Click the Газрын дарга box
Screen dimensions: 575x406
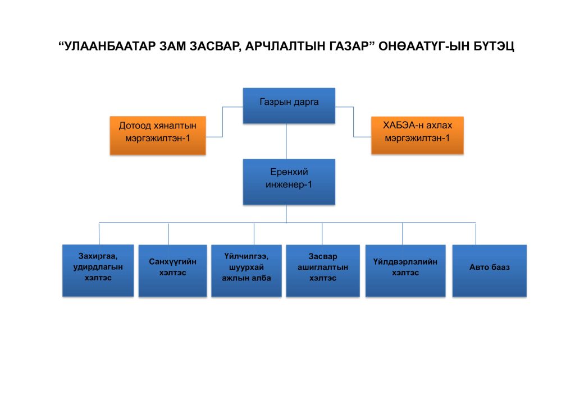point(289,105)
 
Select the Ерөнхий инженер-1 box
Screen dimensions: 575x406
point(289,182)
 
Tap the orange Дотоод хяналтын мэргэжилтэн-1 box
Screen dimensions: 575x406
point(158,136)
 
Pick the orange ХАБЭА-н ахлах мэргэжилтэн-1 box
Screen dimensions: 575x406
point(417,135)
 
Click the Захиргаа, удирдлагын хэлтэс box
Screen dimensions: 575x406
point(98,270)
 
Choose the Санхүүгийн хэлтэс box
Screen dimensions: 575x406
point(173,270)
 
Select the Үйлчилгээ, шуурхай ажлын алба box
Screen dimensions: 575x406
point(247,270)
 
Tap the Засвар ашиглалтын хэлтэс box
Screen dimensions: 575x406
point(323,270)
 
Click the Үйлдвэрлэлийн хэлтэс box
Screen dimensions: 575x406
point(405,270)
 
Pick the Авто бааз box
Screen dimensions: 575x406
point(490,270)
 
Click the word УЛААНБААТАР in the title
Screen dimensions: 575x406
point(110,47)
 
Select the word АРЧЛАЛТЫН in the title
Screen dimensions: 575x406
point(284,47)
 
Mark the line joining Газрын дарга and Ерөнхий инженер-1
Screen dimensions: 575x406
point(286,141)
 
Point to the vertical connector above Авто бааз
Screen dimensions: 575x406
point(476,234)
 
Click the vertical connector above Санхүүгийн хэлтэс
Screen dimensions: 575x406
point(168,234)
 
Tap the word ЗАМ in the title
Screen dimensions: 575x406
point(173,47)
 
